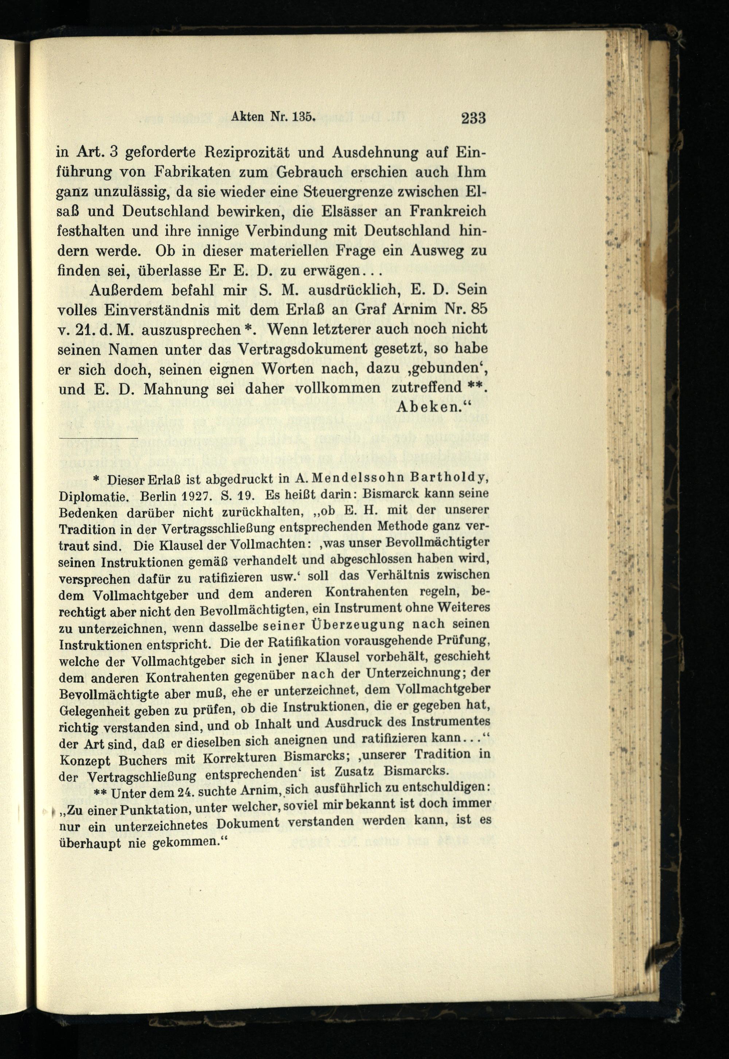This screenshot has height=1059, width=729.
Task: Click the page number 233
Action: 473,119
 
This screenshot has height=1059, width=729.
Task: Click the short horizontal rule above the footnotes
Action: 98,438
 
